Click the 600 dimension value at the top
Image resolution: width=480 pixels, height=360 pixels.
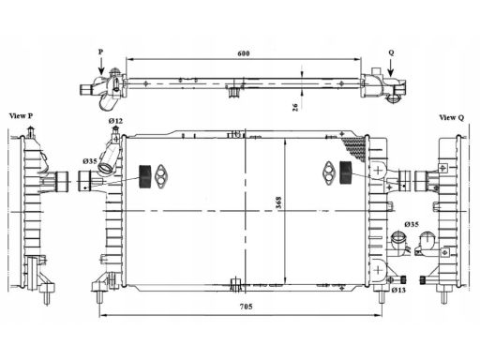tap(244, 53)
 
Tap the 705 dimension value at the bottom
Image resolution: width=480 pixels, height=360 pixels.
tap(246, 307)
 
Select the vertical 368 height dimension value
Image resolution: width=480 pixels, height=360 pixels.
tap(278, 202)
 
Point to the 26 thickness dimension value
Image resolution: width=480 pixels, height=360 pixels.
tap(295, 107)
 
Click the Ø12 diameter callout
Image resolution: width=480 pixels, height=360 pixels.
tap(115, 121)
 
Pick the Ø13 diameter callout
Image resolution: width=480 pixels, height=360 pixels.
tap(398, 290)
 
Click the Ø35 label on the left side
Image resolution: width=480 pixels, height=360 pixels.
tap(90, 161)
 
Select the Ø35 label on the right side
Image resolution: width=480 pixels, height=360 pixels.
tap(412, 224)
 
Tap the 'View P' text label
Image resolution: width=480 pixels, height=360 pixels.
tap(21, 116)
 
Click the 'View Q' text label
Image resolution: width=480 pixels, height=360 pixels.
tap(452, 117)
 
